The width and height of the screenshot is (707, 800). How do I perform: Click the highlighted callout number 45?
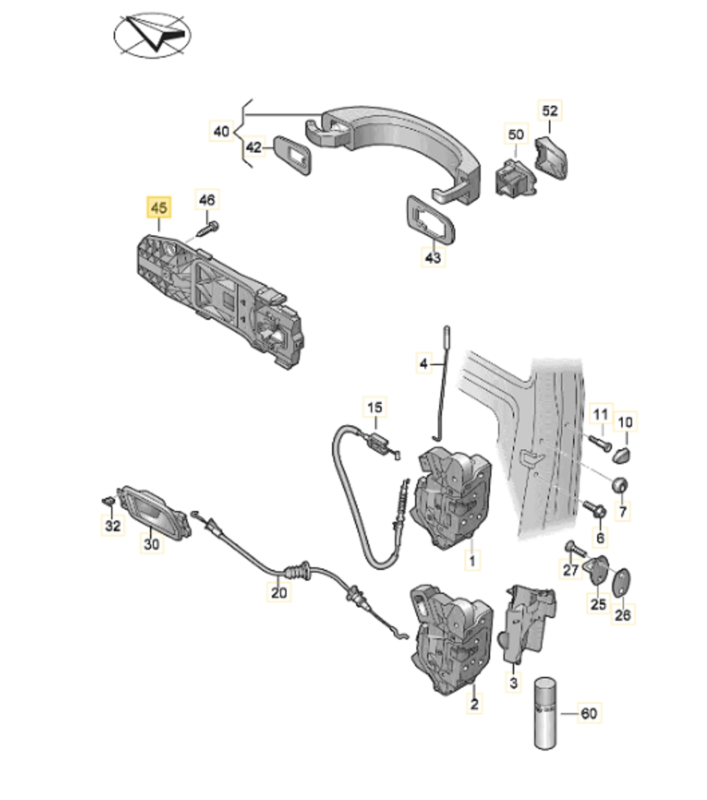pyautogui.click(x=159, y=207)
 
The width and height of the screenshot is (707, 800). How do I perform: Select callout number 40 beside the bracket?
pyautogui.click(x=221, y=132)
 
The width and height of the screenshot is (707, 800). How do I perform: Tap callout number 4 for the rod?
pyautogui.click(x=423, y=364)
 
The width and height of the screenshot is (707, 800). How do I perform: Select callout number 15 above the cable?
pyautogui.click(x=375, y=407)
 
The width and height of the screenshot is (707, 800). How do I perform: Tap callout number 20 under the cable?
pyautogui.click(x=279, y=593)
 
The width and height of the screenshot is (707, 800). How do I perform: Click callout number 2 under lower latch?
pyautogui.click(x=474, y=704)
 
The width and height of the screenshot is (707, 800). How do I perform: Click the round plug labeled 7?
pyautogui.click(x=620, y=485)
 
